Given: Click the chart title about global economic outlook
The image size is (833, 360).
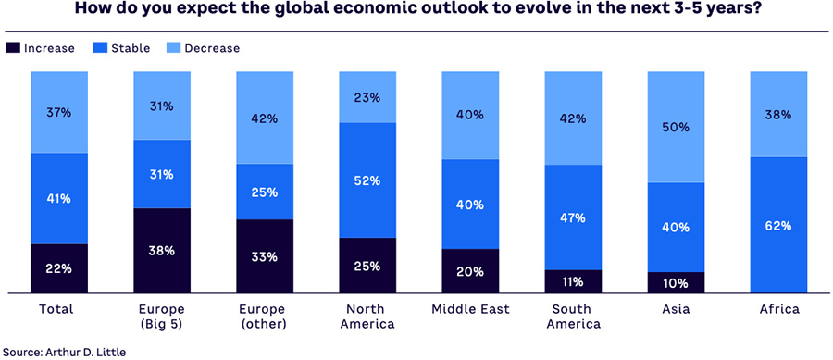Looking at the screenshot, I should point(416,10).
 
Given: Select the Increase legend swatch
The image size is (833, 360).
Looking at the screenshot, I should point(14,48).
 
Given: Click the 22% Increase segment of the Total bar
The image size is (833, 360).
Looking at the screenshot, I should point(58,268).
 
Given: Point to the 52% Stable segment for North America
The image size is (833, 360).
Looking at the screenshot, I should point(367,180).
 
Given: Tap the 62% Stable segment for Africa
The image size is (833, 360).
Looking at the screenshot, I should point(778,225).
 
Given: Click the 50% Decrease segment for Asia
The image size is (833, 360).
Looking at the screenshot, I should point(676,127).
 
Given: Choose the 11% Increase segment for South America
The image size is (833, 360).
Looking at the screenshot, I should point(573,281).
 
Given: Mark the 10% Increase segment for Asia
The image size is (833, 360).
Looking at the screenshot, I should point(676,282).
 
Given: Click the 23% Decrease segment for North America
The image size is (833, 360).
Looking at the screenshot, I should point(367,96).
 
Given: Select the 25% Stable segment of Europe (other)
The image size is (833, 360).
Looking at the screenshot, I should point(265,192).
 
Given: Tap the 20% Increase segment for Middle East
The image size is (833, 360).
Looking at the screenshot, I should point(470,271).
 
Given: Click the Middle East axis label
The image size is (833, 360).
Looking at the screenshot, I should point(470,308).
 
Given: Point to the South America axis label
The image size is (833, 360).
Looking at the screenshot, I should point(573,316).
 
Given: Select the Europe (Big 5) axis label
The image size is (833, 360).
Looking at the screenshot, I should point(162,316).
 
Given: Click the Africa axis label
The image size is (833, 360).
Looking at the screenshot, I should point(778,308).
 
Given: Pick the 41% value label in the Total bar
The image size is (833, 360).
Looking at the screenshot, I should point(58,198).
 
